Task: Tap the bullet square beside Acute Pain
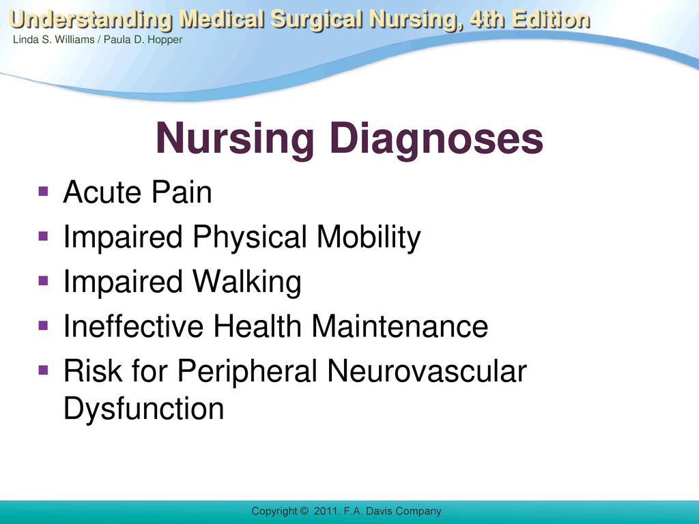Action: [x=43, y=192]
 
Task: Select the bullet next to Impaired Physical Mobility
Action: [x=43, y=235]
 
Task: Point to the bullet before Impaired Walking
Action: [x=43, y=280]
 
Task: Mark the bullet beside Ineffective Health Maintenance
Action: [x=43, y=325]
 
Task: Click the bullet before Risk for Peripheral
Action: [x=43, y=370]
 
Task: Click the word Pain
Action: [x=182, y=192]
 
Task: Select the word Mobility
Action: [x=369, y=237]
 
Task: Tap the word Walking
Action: [x=247, y=282]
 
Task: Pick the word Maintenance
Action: [x=399, y=325]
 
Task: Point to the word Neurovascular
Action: [x=427, y=370]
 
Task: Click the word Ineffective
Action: [x=133, y=325]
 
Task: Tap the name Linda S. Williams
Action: [x=53, y=40]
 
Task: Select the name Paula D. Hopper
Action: [x=143, y=40]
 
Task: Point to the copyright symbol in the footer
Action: [x=304, y=511]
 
